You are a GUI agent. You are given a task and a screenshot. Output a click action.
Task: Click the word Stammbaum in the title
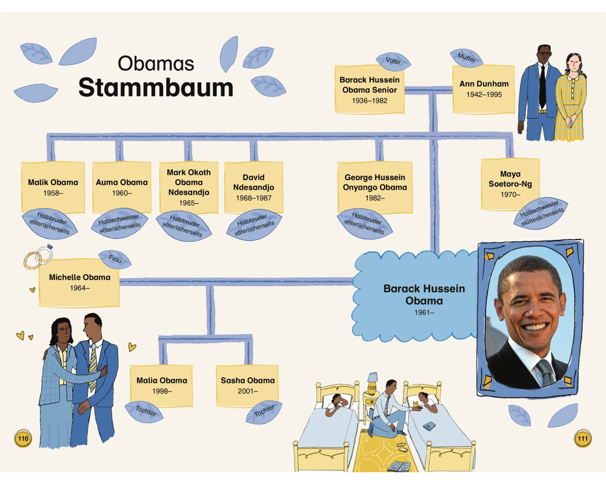click(x=156, y=87)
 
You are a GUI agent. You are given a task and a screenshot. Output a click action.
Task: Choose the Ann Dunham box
click(x=484, y=89)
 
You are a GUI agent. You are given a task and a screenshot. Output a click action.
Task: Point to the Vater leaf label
click(x=393, y=61)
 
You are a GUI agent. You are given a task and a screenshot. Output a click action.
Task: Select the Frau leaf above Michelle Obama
click(x=115, y=259)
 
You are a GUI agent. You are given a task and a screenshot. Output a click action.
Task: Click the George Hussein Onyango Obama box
click(x=376, y=187)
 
